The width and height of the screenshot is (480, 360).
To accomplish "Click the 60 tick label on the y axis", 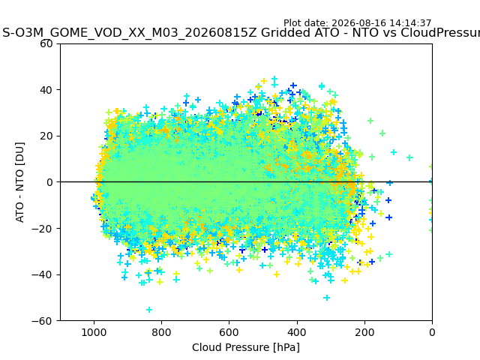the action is [46, 43].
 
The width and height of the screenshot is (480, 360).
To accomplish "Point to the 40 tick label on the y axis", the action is [46, 90].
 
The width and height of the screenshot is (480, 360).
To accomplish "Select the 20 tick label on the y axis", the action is [46, 136].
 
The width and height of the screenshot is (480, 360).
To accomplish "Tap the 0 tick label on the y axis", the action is [49, 182].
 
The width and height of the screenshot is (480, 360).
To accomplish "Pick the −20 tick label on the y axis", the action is [42, 229].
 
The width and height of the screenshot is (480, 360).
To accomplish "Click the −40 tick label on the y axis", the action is [42, 275].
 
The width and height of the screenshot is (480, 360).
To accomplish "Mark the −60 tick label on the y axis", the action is [42, 321].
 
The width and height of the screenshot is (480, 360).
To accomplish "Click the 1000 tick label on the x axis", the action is [94, 332].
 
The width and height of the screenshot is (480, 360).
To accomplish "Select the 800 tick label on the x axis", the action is [162, 332].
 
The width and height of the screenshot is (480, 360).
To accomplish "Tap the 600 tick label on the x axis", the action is [229, 332].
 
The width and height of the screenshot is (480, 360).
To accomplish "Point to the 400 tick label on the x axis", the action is [297, 332].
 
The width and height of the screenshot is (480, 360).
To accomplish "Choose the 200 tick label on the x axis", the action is [364, 332].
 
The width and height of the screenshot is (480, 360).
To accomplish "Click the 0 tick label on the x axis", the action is [432, 332].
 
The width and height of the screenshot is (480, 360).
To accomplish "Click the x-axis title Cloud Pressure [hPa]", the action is [246, 348].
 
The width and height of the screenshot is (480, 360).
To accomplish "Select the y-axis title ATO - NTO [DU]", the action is [19, 182].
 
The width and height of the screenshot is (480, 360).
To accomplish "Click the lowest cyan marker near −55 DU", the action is [149, 310].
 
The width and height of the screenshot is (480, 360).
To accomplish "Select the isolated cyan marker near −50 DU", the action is [327, 298].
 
